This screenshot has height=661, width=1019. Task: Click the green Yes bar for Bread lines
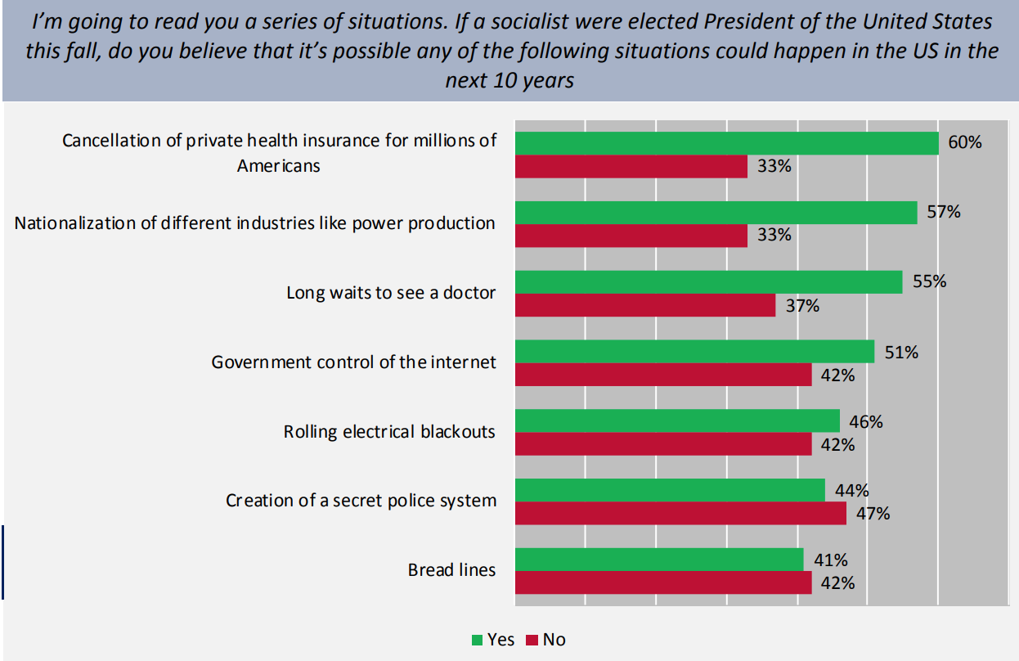pos(659,560)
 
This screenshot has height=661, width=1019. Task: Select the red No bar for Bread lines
pos(663,582)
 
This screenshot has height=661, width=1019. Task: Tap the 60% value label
pos(965,142)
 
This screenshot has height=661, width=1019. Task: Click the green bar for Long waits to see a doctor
pos(708,282)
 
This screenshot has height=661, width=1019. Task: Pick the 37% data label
pos(802,306)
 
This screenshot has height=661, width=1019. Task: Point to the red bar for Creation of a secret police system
pos(680,513)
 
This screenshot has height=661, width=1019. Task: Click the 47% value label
pos(873,514)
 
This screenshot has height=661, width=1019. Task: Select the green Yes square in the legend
pos(477,640)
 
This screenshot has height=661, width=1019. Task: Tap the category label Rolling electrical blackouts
pos(389,431)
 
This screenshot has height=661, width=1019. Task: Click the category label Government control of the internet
pos(353,362)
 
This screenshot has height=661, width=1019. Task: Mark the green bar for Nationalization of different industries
pos(716,213)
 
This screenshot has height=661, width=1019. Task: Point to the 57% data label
pos(944,212)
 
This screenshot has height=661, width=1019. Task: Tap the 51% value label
pos(901,353)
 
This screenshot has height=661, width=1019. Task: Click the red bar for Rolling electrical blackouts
pos(663,444)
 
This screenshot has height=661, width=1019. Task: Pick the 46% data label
pos(866,422)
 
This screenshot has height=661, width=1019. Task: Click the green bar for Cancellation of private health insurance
pos(726,143)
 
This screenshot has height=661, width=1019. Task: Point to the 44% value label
pos(851,491)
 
